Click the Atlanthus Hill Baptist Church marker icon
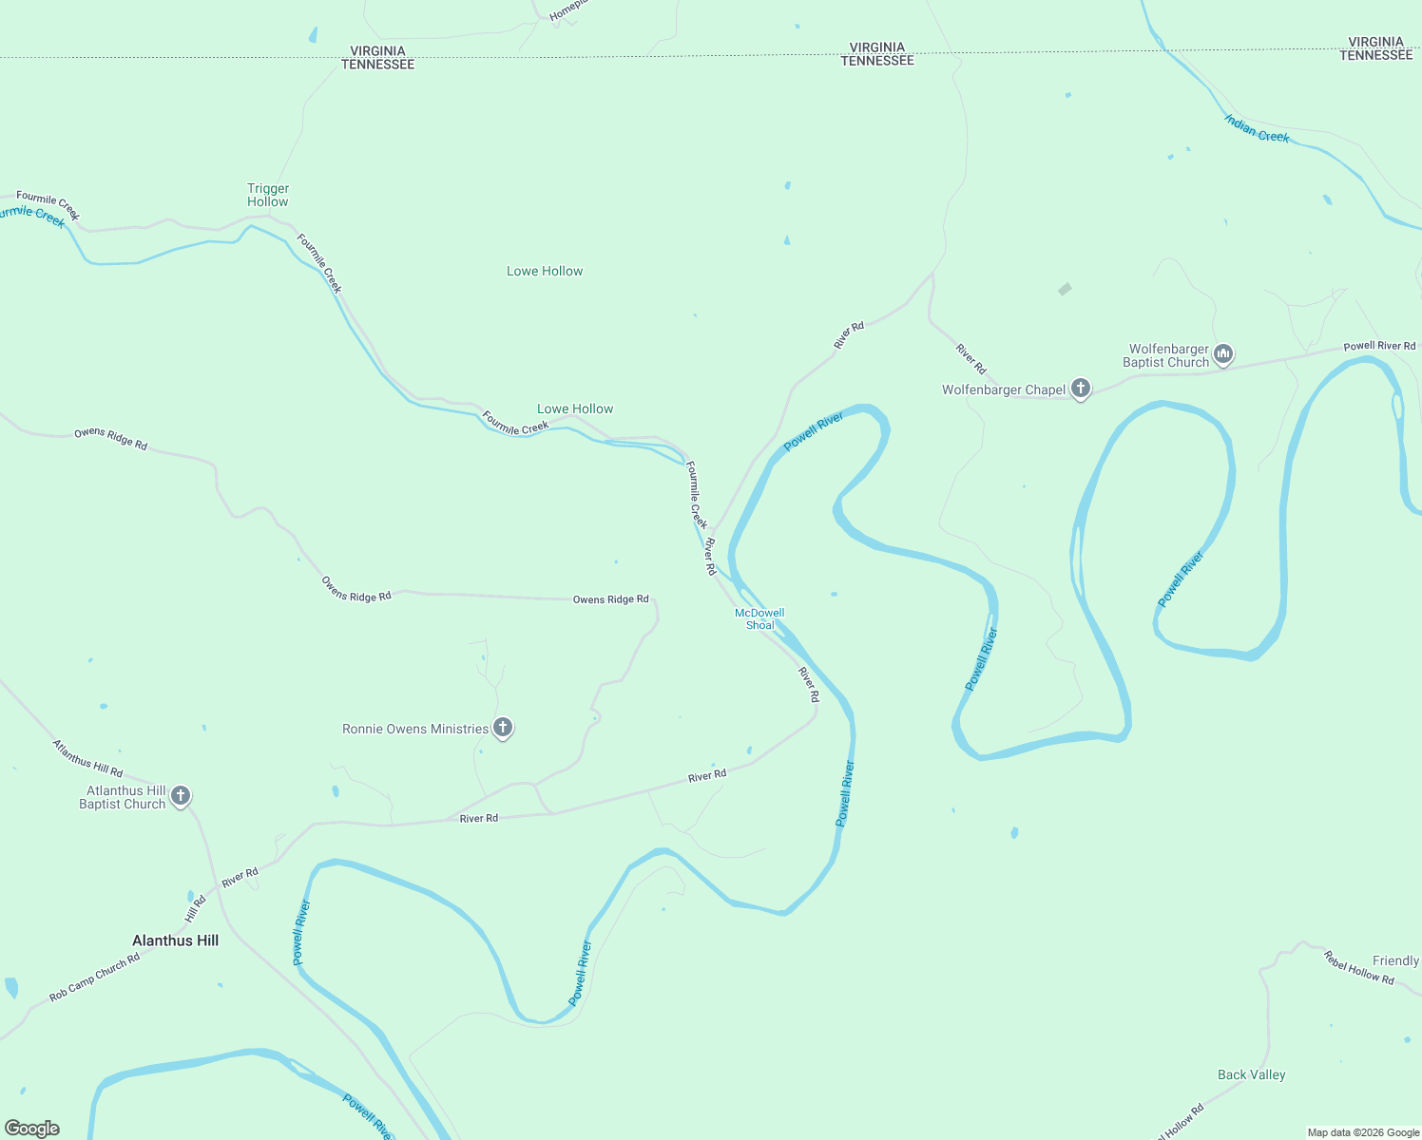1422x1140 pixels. [x=180, y=796]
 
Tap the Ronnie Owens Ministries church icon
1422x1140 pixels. [x=503, y=728]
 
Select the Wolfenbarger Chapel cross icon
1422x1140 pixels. [x=1080, y=389]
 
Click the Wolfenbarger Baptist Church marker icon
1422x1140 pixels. [x=1223, y=354]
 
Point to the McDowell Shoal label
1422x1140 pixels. [x=759, y=619]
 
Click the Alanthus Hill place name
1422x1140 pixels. [x=176, y=940]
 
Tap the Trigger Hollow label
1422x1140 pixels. [x=268, y=195]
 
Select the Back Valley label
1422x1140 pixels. [x=1251, y=1074]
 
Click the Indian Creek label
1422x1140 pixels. [x=1257, y=129]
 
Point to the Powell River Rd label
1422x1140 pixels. [x=1379, y=346]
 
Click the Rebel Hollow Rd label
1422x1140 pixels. [x=1358, y=967]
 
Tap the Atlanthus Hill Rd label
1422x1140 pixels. [x=87, y=758]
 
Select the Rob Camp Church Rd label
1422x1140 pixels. [x=95, y=977]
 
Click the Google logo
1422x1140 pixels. [x=32, y=1129]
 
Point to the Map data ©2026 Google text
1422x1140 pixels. [x=1363, y=1132]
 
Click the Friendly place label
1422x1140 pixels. [x=1395, y=960]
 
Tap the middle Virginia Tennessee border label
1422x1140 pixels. [x=877, y=53]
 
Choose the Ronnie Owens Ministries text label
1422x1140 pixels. [x=415, y=729]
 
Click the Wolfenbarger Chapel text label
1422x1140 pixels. [x=1004, y=389]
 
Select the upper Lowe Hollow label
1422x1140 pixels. [x=545, y=271]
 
